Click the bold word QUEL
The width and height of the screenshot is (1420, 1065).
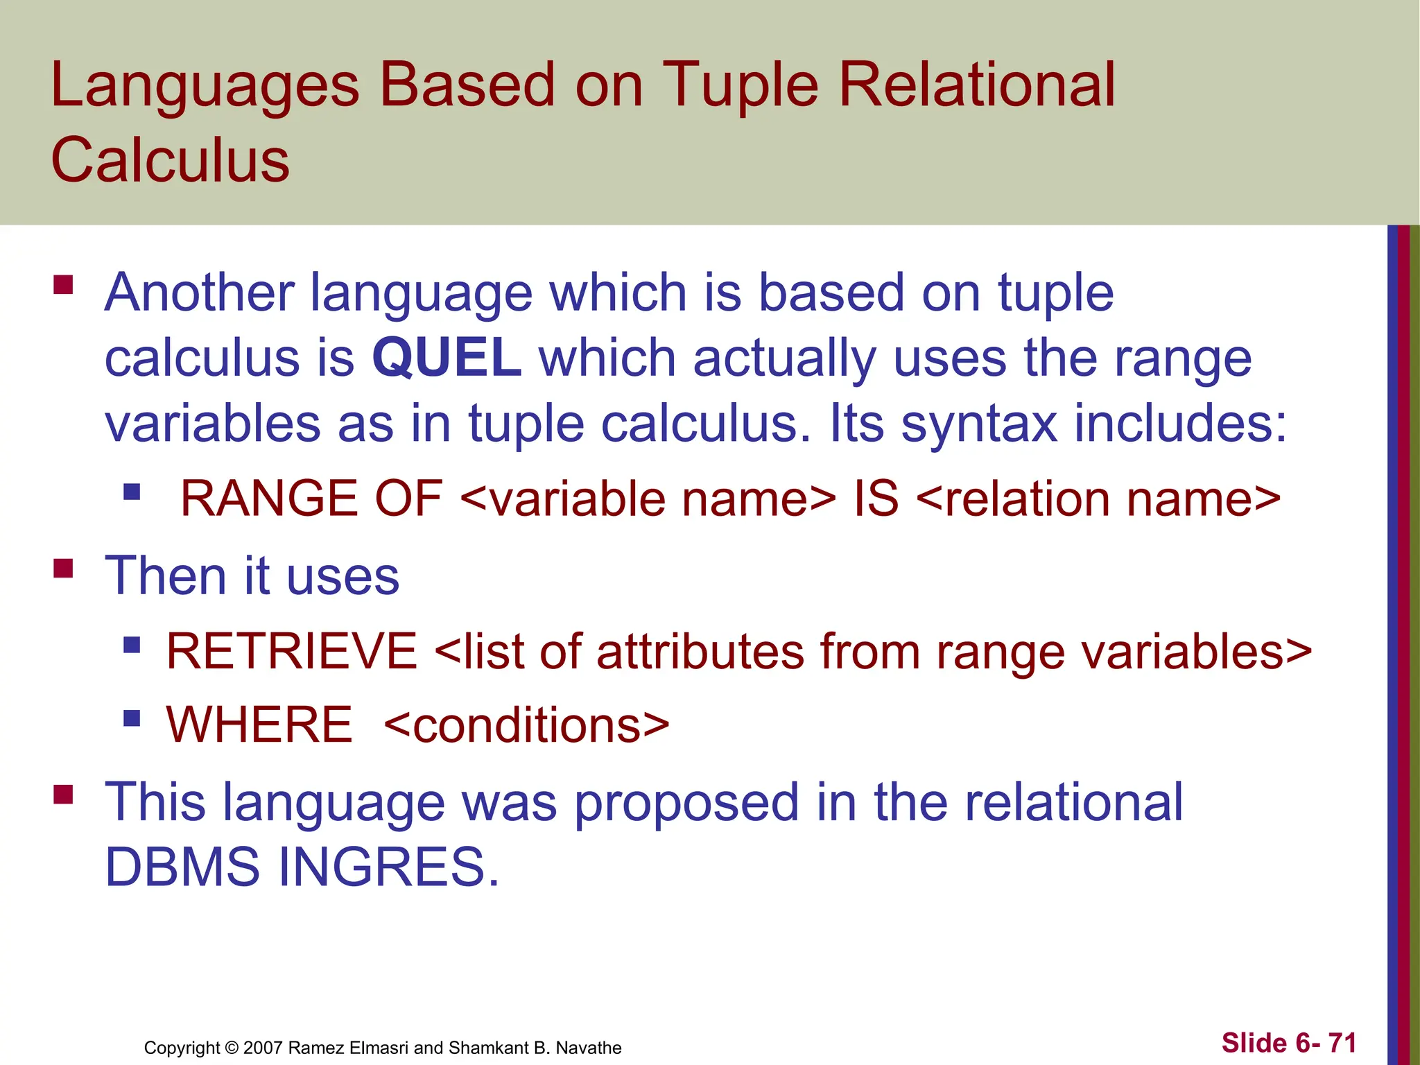click(x=447, y=358)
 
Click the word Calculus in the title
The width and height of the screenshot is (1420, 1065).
click(x=170, y=160)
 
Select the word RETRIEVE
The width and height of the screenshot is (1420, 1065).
click(x=291, y=651)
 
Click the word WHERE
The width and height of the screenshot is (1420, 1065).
click(x=259, y=725)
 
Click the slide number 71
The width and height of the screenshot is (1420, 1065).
click(x=1342, y=1043)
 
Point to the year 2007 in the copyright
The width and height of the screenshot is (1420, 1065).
click(x=263, y=1048)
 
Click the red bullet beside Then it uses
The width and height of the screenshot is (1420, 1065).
click(x=63, y=569)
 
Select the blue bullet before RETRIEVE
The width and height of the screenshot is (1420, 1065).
click(x=132, y=646)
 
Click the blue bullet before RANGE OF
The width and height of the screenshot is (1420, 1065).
click(x=132, y=492)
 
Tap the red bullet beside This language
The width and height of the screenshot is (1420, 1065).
click(x=63, y=794)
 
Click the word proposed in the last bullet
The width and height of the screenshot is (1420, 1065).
click(x=686, y=803)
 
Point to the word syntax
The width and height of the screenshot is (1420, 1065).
click(x=978, y=424)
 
